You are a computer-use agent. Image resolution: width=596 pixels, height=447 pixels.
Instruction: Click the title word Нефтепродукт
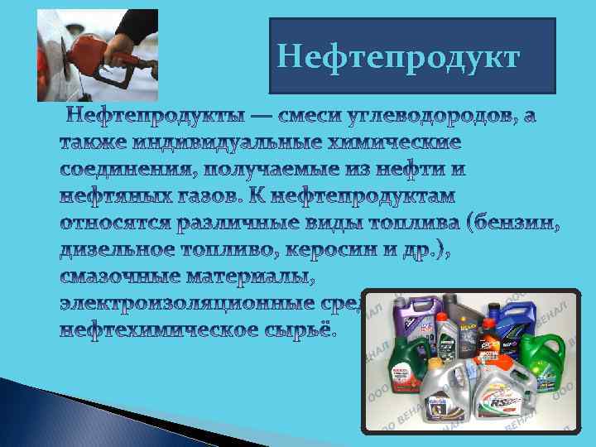tap(398, 57)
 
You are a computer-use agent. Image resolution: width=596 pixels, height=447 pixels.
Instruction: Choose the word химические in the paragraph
tap(393, 142)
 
